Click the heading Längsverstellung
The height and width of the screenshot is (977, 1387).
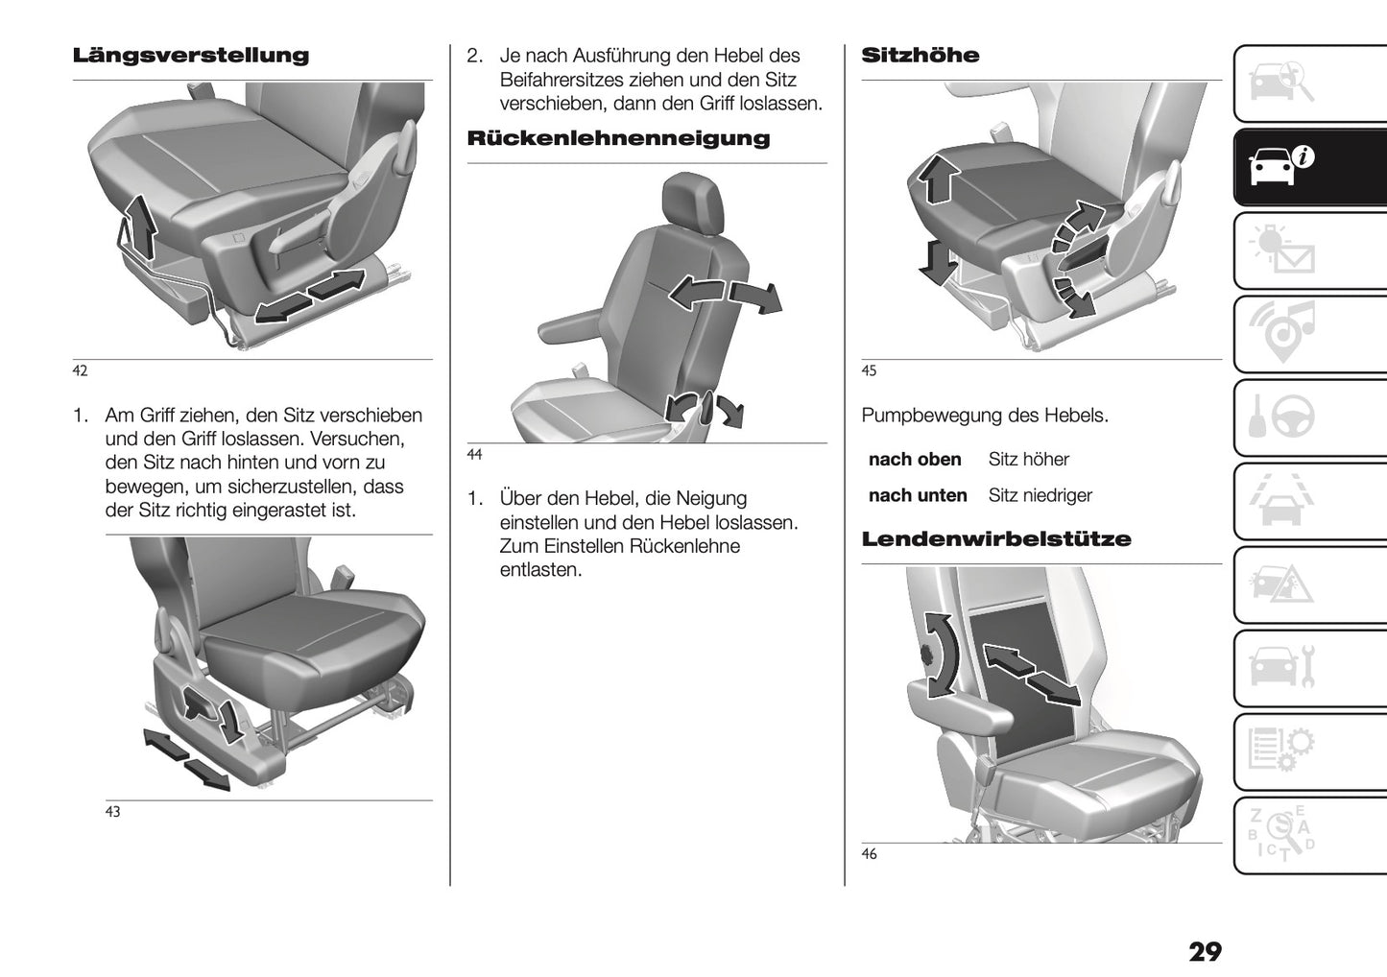(191, 56)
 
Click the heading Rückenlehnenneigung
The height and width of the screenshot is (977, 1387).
(618, 138)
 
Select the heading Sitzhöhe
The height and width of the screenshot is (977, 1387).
(921, 56)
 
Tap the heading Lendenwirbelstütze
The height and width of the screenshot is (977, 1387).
(996, 539)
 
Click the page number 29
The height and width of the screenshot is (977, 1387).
(1205, 952)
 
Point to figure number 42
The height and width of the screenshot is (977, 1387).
(80, 371)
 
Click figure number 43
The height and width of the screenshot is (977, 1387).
(112, 812)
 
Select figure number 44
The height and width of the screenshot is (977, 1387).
(474, 455)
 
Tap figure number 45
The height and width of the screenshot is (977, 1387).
(869, 371)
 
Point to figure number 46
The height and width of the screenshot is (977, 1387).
(869, 854)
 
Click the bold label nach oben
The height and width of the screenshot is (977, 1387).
(915, 460)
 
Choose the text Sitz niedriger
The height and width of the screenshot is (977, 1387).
(1040, 496)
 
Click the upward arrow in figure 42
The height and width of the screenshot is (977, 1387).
(141, 226)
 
